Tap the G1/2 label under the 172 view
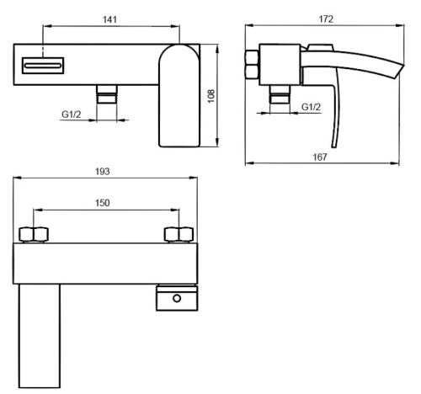pyautogui.click(x=312, y=107)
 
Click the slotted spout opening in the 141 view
pyautogui.click(x=45, y=64)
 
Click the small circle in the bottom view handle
pyautogui.click(x=177, y=296)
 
